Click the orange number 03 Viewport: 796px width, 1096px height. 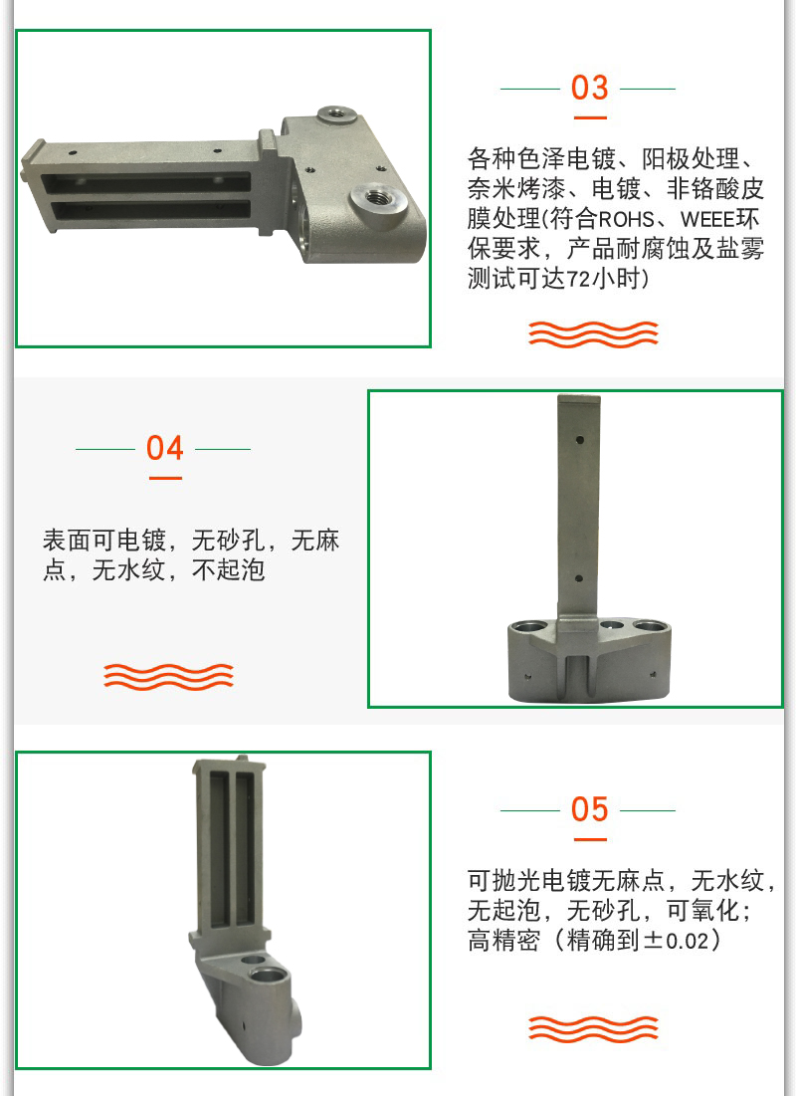point(589,88)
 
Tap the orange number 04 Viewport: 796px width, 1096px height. point(165,448)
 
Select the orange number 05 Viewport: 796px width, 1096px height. point(589,809)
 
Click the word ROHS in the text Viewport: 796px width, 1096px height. point(626,219)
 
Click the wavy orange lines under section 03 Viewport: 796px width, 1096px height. point(593,334)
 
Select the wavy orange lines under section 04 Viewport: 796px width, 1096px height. point(168,677)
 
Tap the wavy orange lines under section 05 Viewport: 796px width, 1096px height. point(593,1029)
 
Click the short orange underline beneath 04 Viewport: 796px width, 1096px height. point(165,478)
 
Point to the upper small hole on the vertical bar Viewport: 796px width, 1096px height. point(580,441)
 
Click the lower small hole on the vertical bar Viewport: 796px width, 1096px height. point(579,578)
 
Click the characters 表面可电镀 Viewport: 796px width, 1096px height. point(104,541)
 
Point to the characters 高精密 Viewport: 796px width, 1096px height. point(503,940)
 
